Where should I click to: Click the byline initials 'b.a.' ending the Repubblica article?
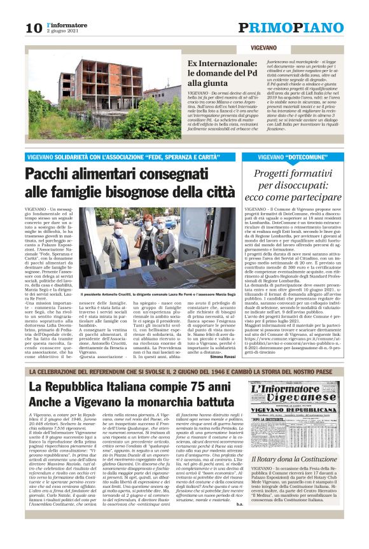[x=238, y=522]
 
